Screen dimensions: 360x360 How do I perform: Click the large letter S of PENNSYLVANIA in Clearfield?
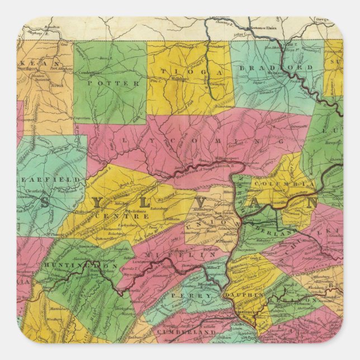(x=45, y=202)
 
